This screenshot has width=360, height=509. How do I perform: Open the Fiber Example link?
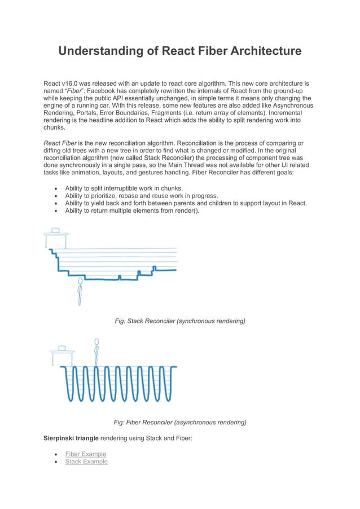click(85, 454)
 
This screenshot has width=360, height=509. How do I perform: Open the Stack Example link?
click(86, 462)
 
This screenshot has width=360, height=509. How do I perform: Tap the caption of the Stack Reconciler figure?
click(180, 321)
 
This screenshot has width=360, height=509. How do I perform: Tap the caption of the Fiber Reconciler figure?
click(180, 422)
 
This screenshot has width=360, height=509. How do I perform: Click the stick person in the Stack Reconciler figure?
click(80, 291)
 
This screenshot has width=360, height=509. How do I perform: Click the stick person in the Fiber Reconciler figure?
click(97, 351)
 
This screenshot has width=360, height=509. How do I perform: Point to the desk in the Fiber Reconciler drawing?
click(62, 353)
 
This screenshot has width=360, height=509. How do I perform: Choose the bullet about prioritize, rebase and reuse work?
click(142, 196)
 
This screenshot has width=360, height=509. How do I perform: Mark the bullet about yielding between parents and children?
click(186, 203)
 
